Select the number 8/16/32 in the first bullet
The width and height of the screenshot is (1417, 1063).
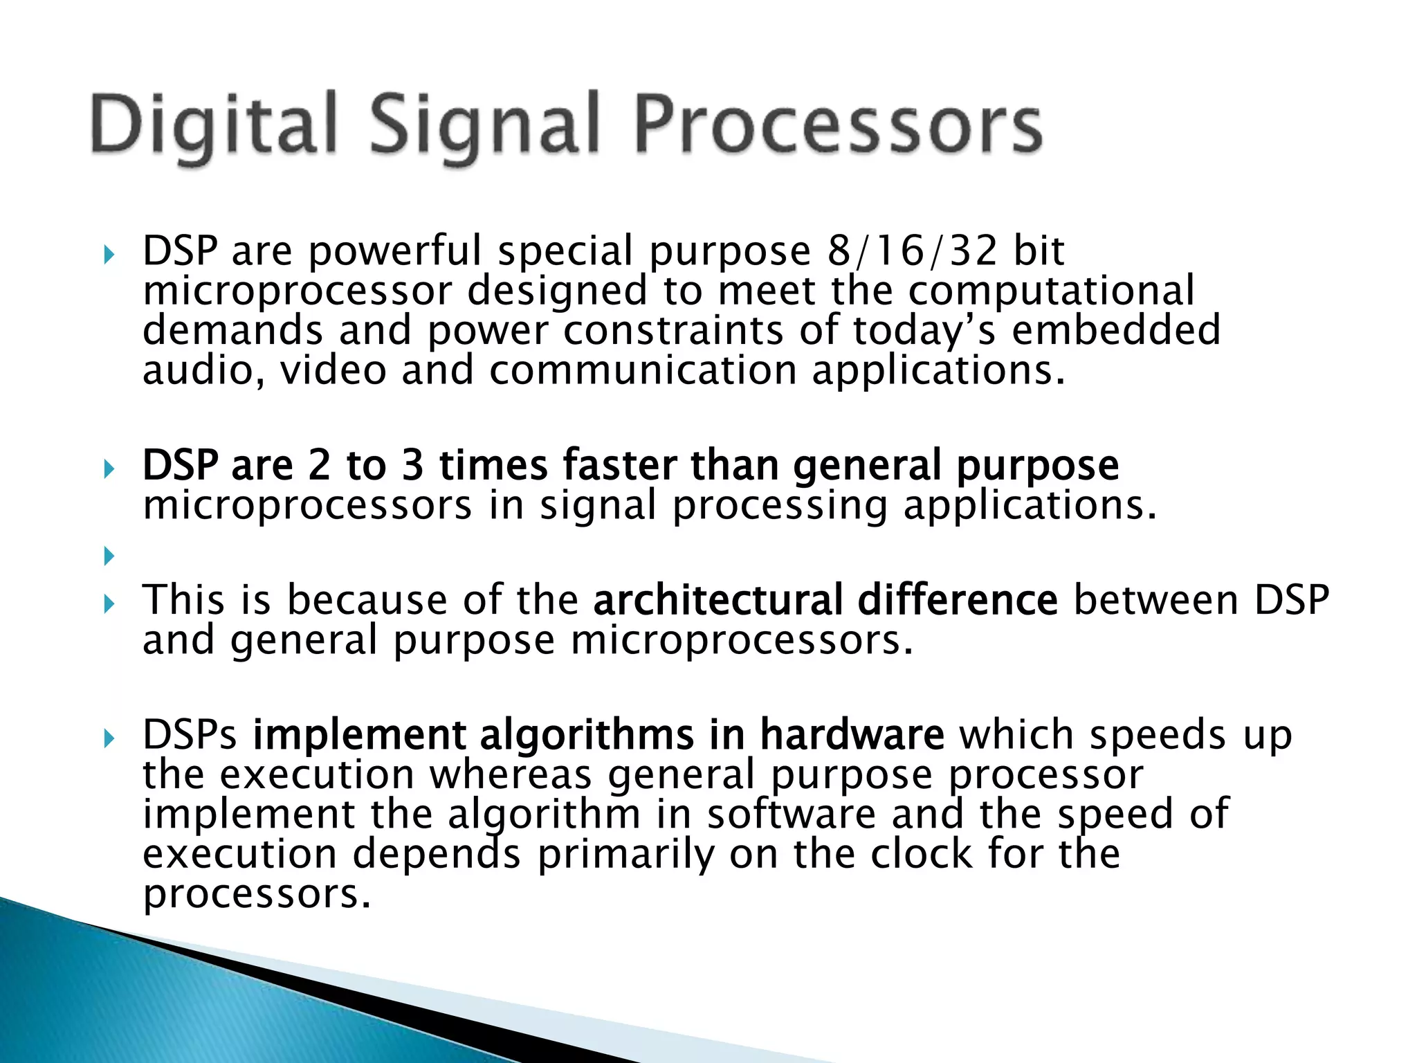[912, 251]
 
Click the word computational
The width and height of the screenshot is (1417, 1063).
[1051, 291]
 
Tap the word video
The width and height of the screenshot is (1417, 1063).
[333, 370]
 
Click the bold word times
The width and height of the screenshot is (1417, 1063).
[493, 465]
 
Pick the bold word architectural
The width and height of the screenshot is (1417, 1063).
[717, 600]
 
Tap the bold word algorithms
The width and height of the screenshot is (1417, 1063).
[586, 735]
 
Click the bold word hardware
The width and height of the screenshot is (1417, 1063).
[852, 735]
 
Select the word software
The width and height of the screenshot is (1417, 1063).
[791, 815]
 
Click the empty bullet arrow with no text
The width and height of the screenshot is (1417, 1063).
[108, 555]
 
